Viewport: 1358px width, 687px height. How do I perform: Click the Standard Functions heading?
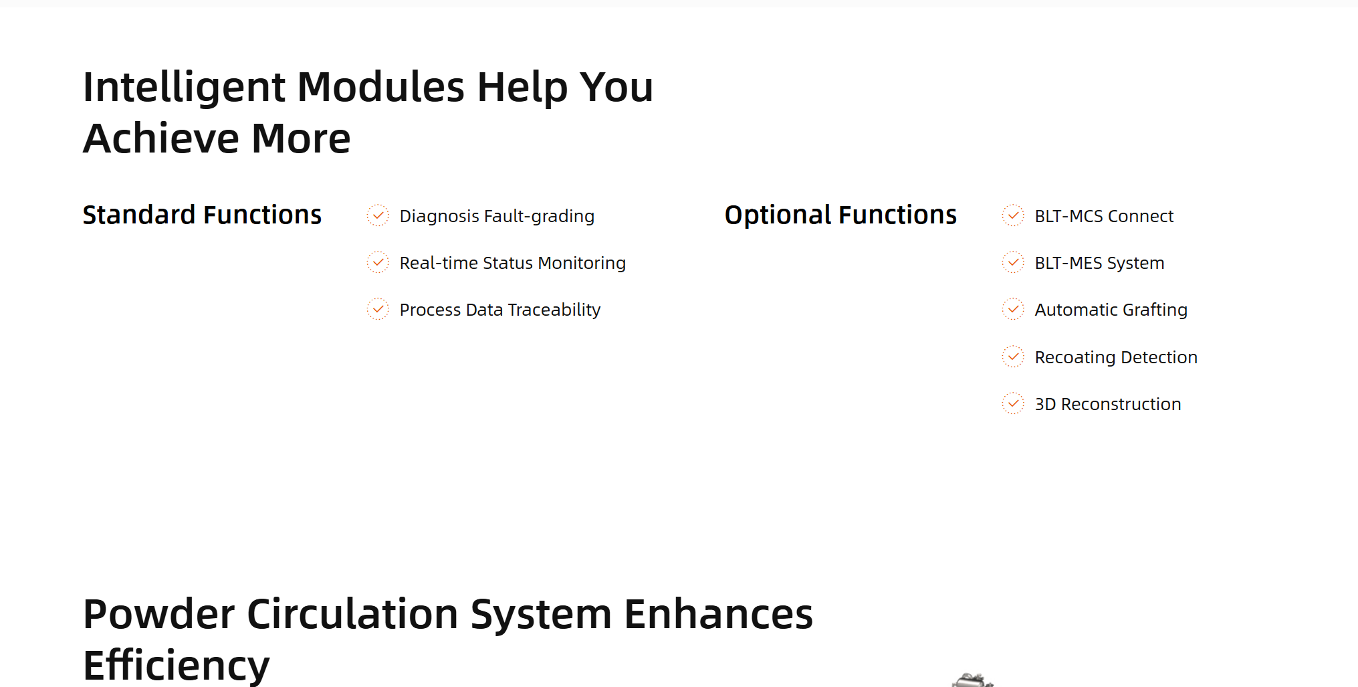pyautogui.click(x=202, y=215)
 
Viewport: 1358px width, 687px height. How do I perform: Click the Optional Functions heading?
pyautogui.click(x=840, y=215)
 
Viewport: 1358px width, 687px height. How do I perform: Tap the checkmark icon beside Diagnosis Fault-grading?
pyautogui.click(x=378, y=215)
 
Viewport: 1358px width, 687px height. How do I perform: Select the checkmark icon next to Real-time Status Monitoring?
pyautogui.click(x=378, y=262)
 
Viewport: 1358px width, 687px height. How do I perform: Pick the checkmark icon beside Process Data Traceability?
pyautogui.click(x=378, y=309)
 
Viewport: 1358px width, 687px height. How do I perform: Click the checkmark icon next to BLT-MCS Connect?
pyautogui.click(x=1013, y=215)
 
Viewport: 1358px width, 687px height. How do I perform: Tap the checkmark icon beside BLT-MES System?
pyautogui.click(x=1013, y=262)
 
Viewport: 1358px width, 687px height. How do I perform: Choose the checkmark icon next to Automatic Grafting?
pyautogui.click(x=1013, y=309)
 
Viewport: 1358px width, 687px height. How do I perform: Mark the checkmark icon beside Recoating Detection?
pyautogui.click(x=1013, y=357)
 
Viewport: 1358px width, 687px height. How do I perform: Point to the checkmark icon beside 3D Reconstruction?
pyautogui.click(x=1013, y=403)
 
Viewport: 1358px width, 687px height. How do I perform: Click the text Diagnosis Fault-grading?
pyautogui.click(x=497, y=217)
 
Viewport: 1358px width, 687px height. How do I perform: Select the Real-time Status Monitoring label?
pyautogui.click(x=513, y=264)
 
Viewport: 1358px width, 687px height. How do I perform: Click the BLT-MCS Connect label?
pyautogui.click(x=1104, y=216)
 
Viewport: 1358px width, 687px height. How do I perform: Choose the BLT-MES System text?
pyautogui.click(x=1099, y=264)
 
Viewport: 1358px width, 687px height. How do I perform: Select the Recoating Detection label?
pyautogui.click(x=1116, y=358)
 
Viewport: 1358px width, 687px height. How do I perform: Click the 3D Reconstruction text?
pyautogui.click(x=1108, y=404)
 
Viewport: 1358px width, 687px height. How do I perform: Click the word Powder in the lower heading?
pyautogui.click(x=158, y=614)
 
